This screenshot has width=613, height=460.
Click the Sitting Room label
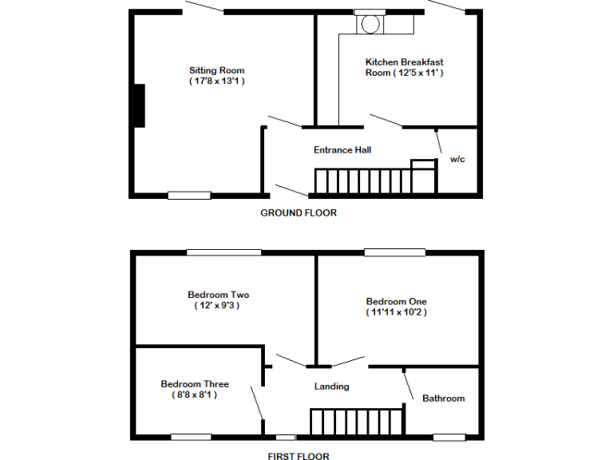[216, 70]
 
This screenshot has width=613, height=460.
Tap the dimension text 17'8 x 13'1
[216, 81]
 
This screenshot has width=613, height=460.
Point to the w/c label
[457, 159]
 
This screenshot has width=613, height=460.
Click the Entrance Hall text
[342, 149]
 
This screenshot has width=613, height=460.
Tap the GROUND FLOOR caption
[299, 213]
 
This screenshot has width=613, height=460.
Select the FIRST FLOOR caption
[298, 457]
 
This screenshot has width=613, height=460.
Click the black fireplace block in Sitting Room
[139, 105]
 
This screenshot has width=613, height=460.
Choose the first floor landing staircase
[356, 422]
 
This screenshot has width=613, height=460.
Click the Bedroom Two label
[218, 295]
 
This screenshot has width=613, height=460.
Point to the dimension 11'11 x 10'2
[396, 312]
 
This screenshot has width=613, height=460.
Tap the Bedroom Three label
[194, 383]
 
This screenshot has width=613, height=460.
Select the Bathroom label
[443, 398]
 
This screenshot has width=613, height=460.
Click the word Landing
[331, 387]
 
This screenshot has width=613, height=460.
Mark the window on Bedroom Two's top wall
[223, 253]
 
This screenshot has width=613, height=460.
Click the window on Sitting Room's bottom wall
[189, 195]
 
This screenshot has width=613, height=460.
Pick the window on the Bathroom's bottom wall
[449, 437]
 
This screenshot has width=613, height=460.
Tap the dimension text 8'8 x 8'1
[194, 395]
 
